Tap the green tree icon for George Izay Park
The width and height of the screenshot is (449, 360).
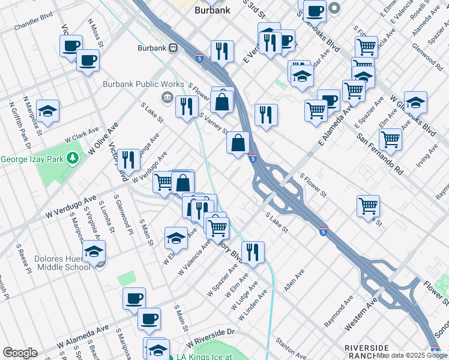tap(73, 158)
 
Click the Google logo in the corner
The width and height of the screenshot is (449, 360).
tap(20, 353)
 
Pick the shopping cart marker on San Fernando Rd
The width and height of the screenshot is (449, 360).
tap(390, 139)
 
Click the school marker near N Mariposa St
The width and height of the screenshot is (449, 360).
tap(47, 110)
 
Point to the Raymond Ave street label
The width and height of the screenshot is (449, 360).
tap(336, 315)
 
